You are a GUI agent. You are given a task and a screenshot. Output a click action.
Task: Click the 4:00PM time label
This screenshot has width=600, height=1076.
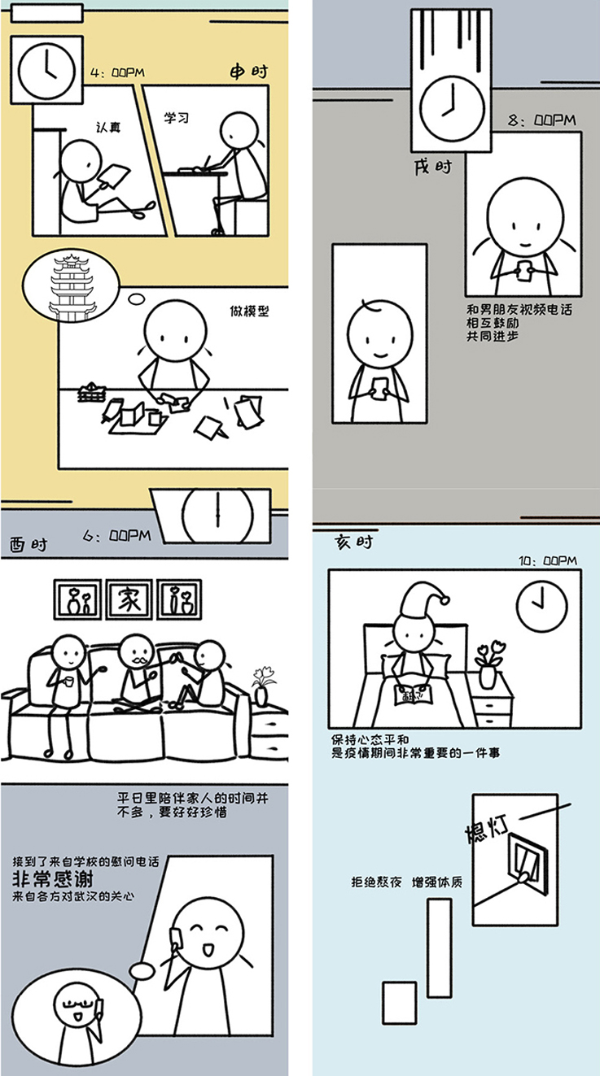[118, 73]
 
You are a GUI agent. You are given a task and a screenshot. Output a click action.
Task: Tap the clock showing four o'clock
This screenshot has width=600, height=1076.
[46, 71]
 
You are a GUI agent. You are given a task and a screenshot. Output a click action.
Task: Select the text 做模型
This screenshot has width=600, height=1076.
[249, 311]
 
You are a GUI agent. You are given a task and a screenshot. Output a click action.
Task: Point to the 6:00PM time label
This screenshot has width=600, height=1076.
[117, 536]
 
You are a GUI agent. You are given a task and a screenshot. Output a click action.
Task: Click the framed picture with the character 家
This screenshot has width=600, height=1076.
[129, 599]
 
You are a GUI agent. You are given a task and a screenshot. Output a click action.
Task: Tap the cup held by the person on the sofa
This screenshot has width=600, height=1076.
[69, 682]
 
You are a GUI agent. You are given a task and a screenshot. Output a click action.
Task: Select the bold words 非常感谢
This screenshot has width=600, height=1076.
[52, 879]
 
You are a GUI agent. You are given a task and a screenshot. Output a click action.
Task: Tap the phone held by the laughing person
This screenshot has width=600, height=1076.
[176, 937]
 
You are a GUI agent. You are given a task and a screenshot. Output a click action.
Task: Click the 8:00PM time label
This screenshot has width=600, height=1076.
[542, 120]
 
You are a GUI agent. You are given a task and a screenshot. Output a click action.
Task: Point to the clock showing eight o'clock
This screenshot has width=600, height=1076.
[452, 107]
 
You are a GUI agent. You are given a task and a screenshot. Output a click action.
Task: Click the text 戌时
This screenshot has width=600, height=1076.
[433, 168]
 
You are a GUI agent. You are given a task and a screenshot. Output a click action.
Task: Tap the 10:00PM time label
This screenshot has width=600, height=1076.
[548, 560]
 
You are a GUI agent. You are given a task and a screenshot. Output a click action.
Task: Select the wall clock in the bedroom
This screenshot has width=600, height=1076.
[541, 605]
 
